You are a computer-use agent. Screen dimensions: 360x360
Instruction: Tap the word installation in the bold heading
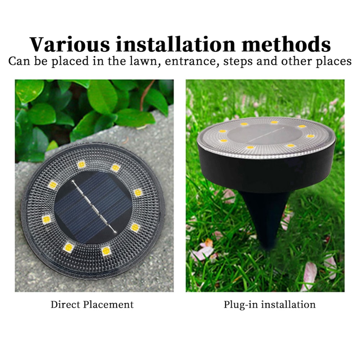[177, 44]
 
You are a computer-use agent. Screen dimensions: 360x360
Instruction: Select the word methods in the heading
[287, 44]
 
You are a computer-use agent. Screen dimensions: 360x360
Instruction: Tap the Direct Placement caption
[92, 305]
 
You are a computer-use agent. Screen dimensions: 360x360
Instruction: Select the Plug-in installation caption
[269, 305]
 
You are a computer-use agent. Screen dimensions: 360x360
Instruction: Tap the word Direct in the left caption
[65, 305]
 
